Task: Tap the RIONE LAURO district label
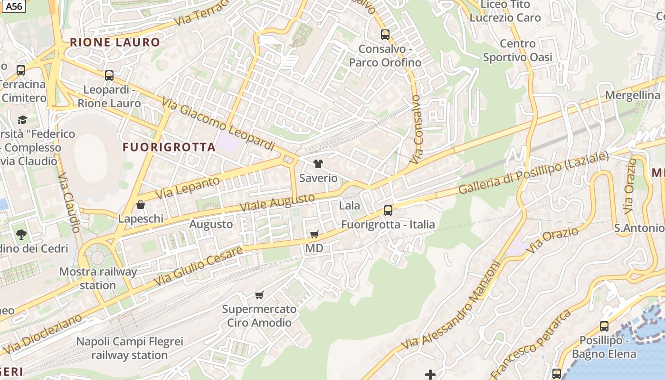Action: (x=115, y=42)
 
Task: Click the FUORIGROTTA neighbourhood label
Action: (x=169, y=147)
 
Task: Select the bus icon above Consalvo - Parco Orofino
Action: (x=385, y=35)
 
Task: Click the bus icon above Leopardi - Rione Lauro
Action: (x=109, y=75)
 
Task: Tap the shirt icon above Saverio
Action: (x=318, y=164)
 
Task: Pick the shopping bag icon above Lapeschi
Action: (x=141, y=205)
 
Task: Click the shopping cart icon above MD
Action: (x=314, y=234)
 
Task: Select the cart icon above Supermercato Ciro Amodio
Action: (x=259, y=295)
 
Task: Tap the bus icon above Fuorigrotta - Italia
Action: (x=388, y=210)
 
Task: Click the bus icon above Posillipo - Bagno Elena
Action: (x=604, y=326)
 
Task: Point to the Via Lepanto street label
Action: (x=188, y=188)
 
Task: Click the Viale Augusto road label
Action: (x=277, y=202)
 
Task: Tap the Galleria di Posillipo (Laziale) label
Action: (x=533, y=172)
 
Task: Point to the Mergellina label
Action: (x=633, y=95)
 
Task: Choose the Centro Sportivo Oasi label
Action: (x=518, y=50)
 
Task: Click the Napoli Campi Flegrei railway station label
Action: (x=130, y=348)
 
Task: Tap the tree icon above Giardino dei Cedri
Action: (x=21, y=234)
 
